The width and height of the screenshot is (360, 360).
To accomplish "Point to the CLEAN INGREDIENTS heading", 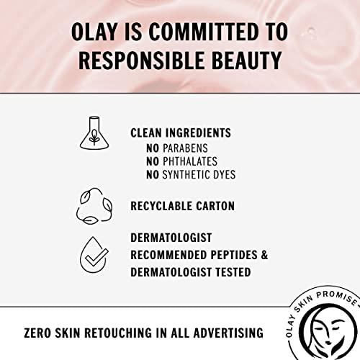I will coord(180,133).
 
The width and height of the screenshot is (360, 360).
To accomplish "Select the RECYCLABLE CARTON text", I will coord(183,207).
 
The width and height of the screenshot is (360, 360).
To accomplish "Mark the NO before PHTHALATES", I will coord(153,161).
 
